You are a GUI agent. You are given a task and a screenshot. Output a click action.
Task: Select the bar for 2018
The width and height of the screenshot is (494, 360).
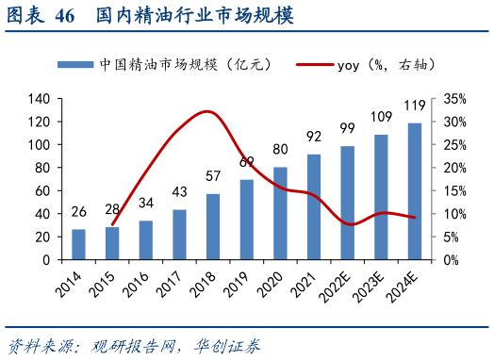pos(213,226)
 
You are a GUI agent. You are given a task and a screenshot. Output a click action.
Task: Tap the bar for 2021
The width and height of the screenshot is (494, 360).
pos(314,206)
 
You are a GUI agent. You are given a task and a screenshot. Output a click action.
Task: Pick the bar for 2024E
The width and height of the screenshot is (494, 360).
pos(415,190)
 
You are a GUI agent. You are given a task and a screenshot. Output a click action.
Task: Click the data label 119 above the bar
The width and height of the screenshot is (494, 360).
pos(415,106)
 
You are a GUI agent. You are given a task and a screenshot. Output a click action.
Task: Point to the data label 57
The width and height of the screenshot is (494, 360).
pos(213,176)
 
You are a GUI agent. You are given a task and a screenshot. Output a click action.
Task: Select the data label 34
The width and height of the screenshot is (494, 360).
pos(146,203)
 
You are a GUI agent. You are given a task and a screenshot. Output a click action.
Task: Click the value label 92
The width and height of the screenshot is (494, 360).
pos(314,137)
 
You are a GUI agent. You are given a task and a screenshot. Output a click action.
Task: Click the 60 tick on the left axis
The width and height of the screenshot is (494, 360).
pos(42,190)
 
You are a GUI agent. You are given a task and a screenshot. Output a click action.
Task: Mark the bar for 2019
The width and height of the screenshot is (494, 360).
pos(247,219)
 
